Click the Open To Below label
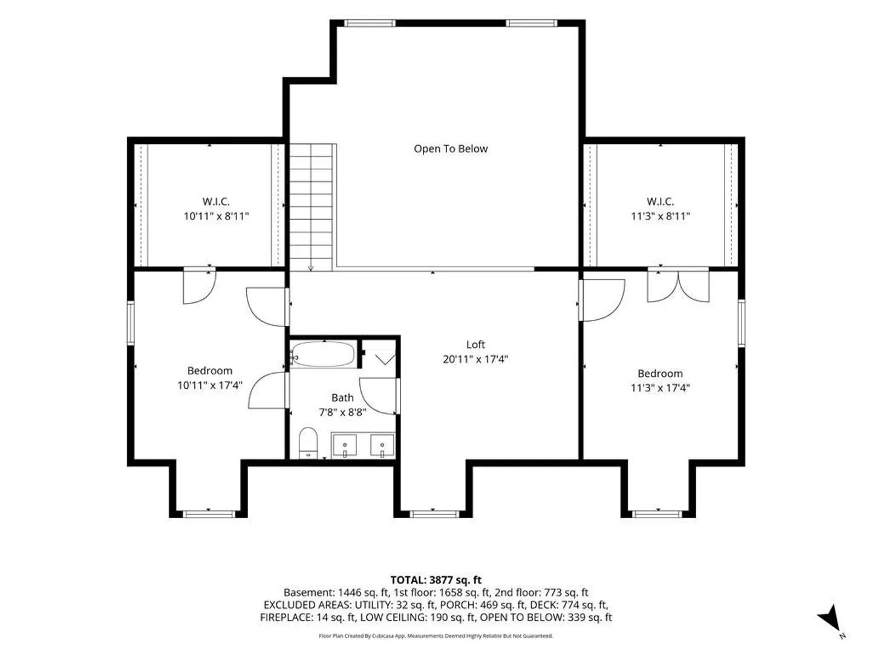(451, 149)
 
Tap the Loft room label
(475, 344)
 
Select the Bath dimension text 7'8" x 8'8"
(342, 412)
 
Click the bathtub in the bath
(323, 354)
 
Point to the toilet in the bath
(308, 443)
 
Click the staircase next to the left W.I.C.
(311, 207)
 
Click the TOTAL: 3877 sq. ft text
(435, 580)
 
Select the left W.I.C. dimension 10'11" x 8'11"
(216, 216)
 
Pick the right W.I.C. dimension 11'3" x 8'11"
(661, 216)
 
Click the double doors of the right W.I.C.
(678, 286)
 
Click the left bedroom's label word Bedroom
(209, 371)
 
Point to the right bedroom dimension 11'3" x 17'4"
(661, 388)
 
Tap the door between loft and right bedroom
(601, 300)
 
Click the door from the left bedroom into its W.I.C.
(199, 286)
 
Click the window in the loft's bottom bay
(434, 514)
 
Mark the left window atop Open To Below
(370, 23)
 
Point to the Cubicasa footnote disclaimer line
(435, 636)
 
